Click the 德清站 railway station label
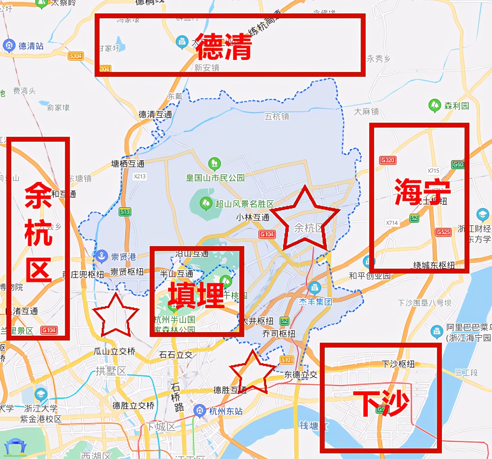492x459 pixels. pyautogui.click(x=31, y=46)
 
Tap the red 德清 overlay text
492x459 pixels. pyautogui.click(x=223, y=47)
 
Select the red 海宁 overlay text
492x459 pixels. pyautogui.click(x=422, y=191)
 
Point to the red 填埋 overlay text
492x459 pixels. pyautogui.click(x=196, y=295)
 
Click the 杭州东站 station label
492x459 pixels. pyautogui.click(x=226, y=411)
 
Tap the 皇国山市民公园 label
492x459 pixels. pyautogui.click(x=215, y=178)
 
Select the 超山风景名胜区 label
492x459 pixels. pyautogui.click(x=244, y=204)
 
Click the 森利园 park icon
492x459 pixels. pyautogui.click(x=434, y=105)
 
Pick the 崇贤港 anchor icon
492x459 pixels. pyautogui.click(x=102, y=256)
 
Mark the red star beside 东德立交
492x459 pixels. pyautogui.click(x=253, y=373)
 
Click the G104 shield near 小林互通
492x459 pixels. pyautogui.click(x=267, y=234)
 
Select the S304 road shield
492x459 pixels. pyautogui.click(x=76, y=56)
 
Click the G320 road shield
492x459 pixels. pyautogui.click(x=388, y=160)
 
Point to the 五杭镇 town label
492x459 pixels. pyautogui.click(x=277, y=116)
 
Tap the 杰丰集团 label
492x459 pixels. pyautogui.click(x=316, y=302)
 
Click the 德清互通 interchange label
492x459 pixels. pyautogui.click(x=155, y=115)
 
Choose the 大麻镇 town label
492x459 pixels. pyautogui.click(x=366, y=112)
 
